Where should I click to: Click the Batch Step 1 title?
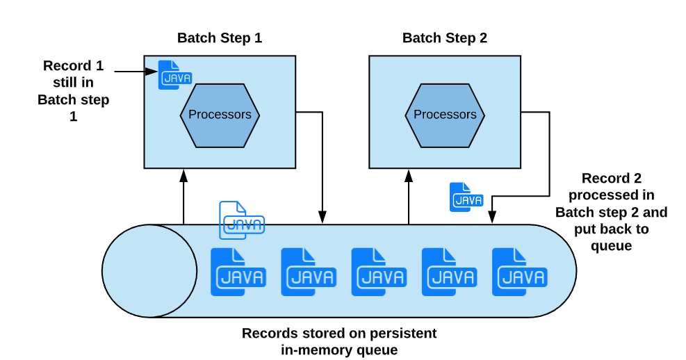220,38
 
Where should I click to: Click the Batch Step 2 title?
445,38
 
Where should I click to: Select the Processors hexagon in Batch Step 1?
220,115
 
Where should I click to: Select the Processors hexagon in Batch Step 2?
445,115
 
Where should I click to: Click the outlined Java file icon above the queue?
240,220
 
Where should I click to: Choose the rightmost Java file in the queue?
519,272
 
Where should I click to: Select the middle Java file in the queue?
379,272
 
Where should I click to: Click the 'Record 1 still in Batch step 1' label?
73,91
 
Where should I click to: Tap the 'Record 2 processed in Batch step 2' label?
611,211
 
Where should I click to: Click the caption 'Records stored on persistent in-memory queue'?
339,341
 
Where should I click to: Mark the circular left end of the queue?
149,271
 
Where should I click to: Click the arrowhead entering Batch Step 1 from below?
183,174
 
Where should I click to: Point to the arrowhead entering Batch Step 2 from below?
409,174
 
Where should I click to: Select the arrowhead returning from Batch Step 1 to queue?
323,218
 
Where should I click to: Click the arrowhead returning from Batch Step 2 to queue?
492,218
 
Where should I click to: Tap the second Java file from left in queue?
308,272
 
